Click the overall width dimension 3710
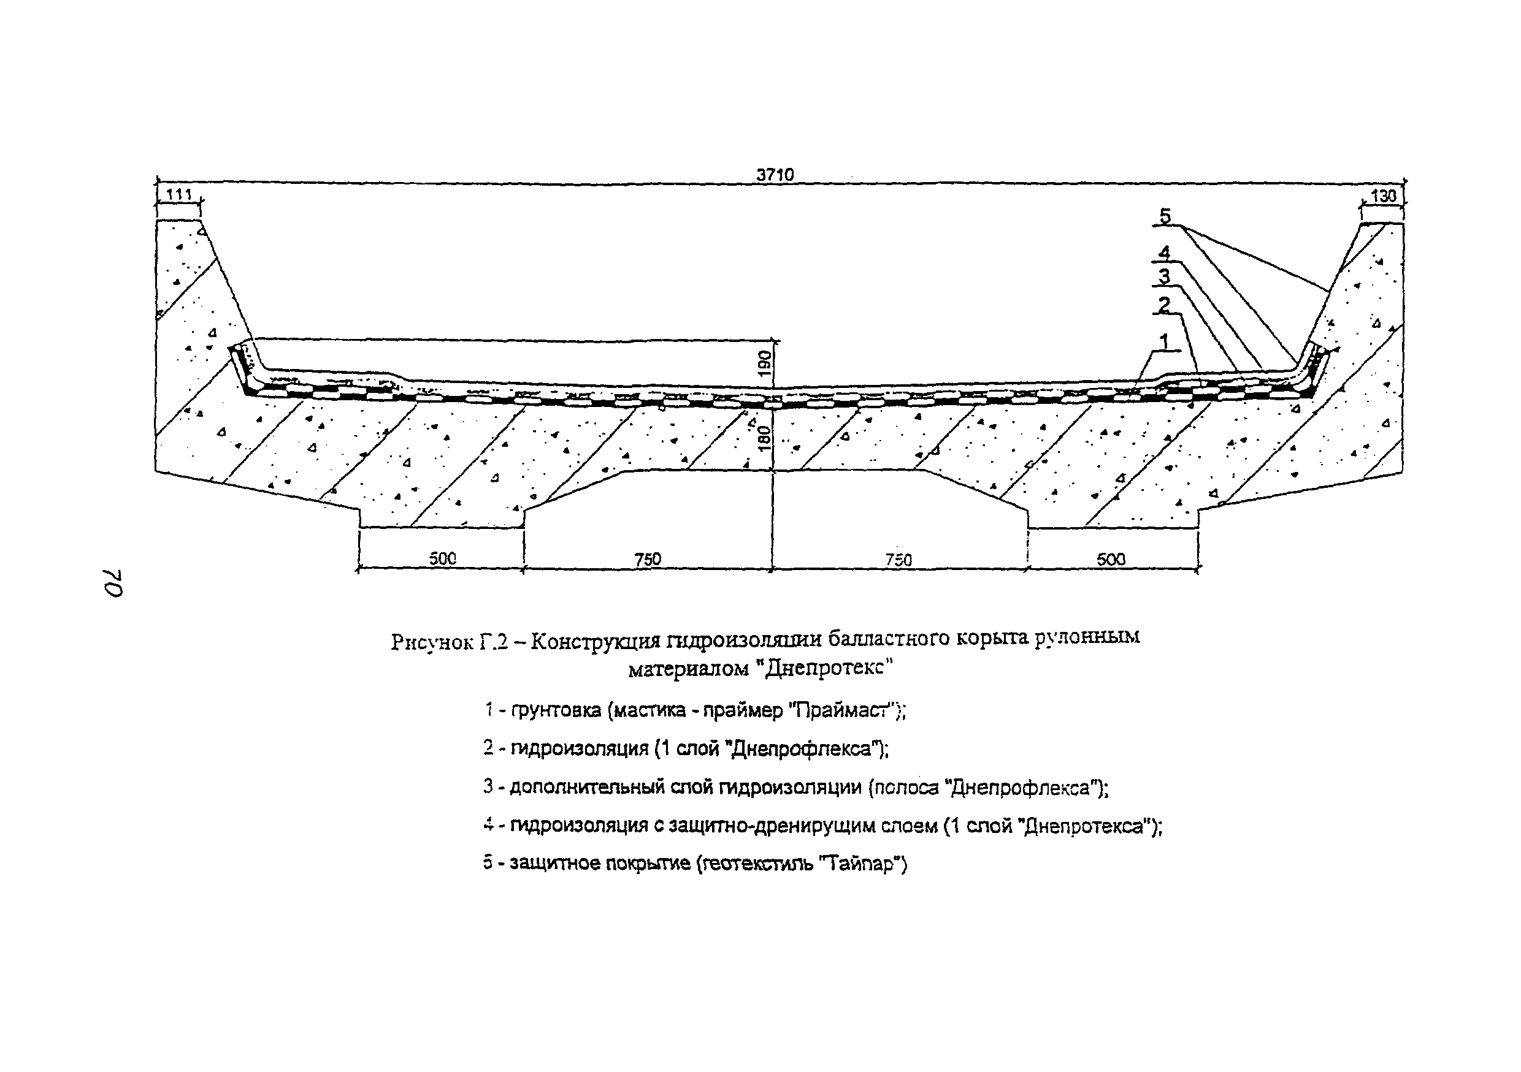(775, 174)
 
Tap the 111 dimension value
(179, 195)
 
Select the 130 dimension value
(1383, 196)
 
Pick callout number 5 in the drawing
(1165, 216)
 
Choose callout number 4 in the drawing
(1164, 253)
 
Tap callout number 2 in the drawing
(1164, 305)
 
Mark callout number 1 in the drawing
(1164, 341)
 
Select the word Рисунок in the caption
(432, 642)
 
